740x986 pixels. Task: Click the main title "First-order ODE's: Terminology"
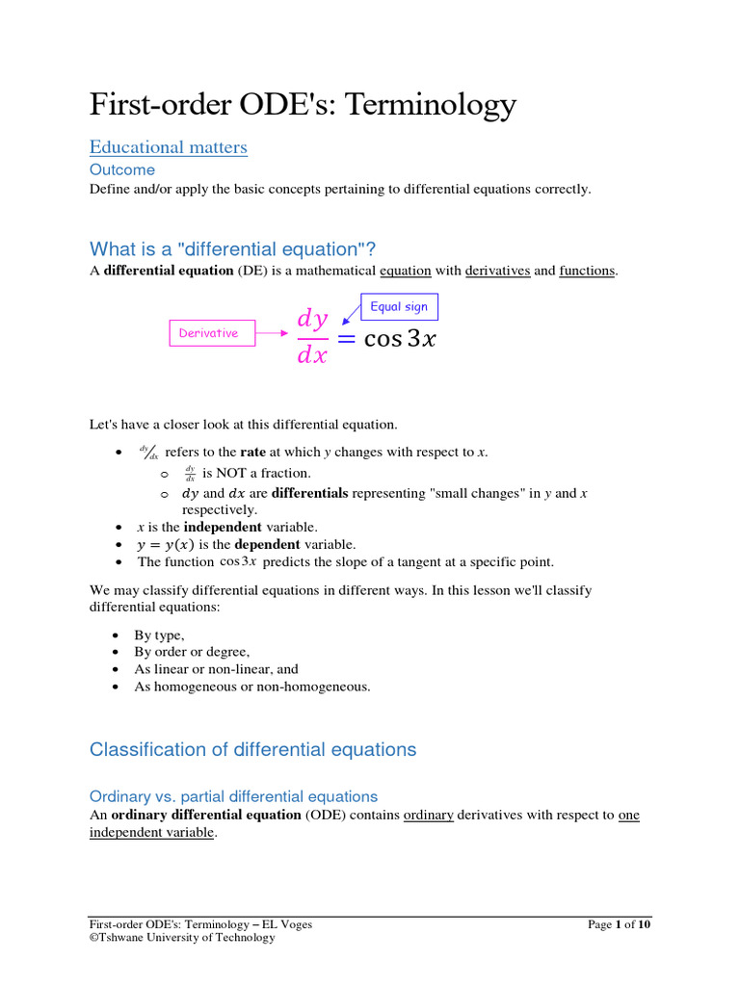coord(303,104)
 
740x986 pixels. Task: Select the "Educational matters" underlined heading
coord(169,147)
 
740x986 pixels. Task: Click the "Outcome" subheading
coord(121,169)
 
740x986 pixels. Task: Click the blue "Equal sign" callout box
coord(399,307)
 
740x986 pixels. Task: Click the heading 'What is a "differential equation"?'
coord(240,248)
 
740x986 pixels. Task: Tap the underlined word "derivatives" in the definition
coord(497,272)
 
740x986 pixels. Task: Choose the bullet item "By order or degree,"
coord(192,652)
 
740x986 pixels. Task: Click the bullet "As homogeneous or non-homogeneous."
coord(252,687)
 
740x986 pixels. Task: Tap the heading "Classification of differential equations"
coord(252,749)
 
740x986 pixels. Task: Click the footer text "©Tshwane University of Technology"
coord(182,938)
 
